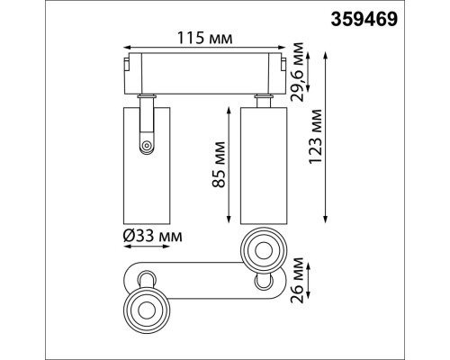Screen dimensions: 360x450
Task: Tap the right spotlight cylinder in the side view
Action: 262,162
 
